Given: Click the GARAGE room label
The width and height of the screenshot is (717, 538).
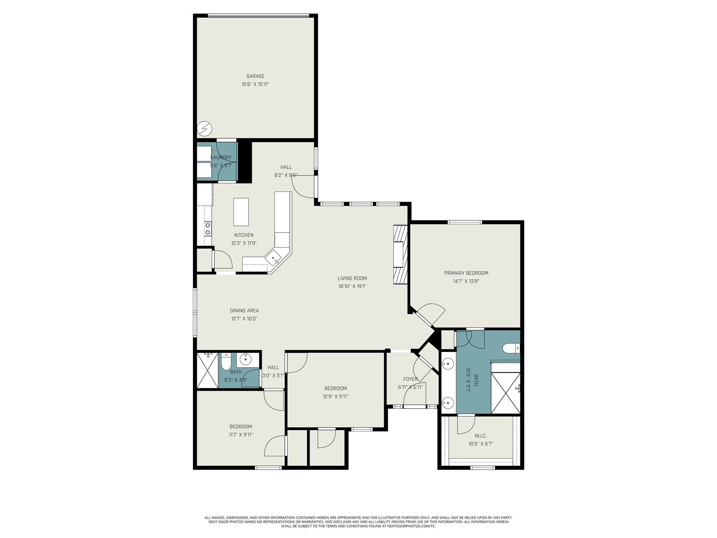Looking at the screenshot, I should point(255,76).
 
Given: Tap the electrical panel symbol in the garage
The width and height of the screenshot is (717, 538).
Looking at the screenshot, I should point(204,129).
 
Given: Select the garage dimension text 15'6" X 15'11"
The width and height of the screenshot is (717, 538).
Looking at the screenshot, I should point(255,84).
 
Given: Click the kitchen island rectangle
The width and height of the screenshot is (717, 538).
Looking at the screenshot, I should point(241,212).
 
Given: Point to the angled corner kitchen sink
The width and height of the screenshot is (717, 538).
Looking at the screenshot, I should point(273,258).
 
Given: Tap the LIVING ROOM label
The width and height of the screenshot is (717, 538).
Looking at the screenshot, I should point(352,278).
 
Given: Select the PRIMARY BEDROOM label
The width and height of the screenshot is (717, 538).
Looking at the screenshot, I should point(466,273).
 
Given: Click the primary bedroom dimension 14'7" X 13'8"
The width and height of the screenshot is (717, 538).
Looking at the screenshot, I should point(466,281).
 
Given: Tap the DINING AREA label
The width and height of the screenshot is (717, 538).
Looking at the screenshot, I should point(244,311).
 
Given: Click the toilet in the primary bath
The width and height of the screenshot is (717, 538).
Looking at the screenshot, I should point(511,348).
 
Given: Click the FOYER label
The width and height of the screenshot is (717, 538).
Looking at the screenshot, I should point(410,379).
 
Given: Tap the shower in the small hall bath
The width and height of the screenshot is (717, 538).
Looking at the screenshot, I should point(208,370).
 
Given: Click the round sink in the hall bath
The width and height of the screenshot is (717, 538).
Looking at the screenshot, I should point(247,359).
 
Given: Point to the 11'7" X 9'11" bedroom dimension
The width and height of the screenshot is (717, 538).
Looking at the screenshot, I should point(241,435).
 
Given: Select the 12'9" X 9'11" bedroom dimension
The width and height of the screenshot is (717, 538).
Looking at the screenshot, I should point(335,396).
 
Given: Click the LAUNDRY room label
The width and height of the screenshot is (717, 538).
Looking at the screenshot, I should point(221,158).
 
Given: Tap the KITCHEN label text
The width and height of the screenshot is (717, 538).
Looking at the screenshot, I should point(244,235).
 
